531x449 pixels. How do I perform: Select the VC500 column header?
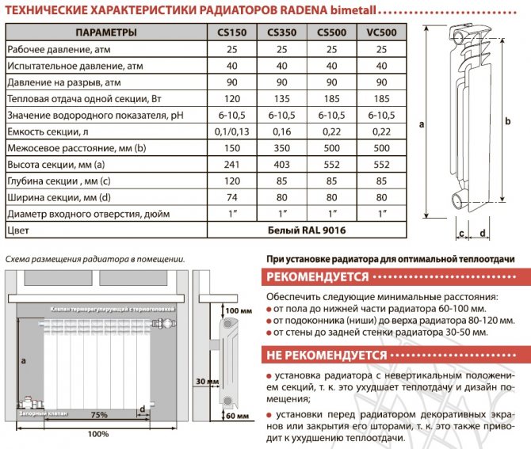pos(382,32)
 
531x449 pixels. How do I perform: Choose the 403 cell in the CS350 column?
pos(281,165)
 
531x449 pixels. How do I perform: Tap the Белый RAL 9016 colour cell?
pos(306,230)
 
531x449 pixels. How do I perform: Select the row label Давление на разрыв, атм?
pos(63,82)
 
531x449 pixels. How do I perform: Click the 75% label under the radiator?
pos(99,414)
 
